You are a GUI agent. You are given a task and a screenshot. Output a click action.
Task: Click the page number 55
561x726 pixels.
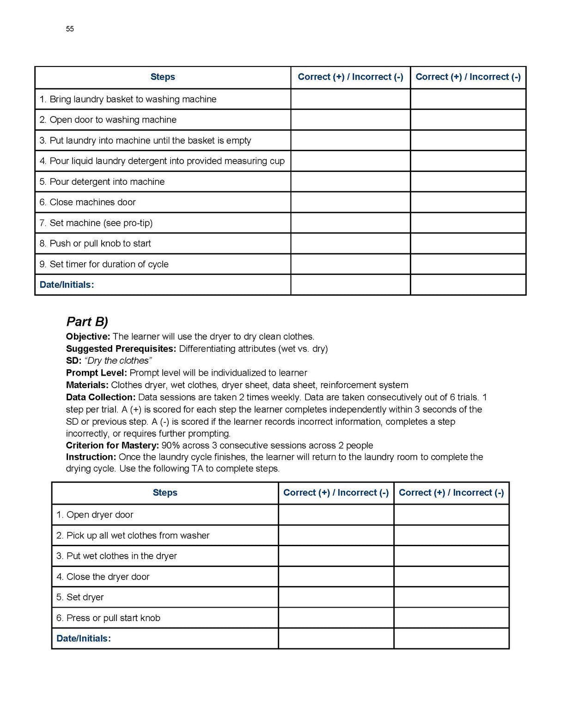[70, 29]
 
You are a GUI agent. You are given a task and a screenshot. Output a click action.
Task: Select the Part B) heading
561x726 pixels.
[87, 322]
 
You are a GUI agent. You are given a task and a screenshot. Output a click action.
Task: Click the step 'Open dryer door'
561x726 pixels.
[95, 515]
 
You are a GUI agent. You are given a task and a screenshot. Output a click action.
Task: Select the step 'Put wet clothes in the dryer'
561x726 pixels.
[116, 556]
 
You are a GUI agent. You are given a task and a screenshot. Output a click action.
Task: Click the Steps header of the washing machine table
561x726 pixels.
[163, 77]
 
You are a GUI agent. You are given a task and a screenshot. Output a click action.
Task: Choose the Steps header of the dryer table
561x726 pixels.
[165, 493]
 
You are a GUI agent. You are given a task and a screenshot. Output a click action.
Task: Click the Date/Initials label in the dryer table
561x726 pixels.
[84, 639]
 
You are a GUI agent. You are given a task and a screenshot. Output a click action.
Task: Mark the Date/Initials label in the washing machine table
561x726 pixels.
[67, 285]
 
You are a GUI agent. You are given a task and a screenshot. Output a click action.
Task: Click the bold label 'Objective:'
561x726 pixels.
[88, 336]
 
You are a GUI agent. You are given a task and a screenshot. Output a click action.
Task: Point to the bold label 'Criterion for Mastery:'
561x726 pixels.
[112, 445]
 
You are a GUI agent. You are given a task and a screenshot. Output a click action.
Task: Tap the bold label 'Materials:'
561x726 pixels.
[87, 385]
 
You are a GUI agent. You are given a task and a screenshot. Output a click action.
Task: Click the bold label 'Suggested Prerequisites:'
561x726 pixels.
[121, 349]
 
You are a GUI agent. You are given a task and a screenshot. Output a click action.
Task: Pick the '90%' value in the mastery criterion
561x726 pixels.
[171, 445]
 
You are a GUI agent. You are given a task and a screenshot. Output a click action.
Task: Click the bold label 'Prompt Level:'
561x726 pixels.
[96, 373]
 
